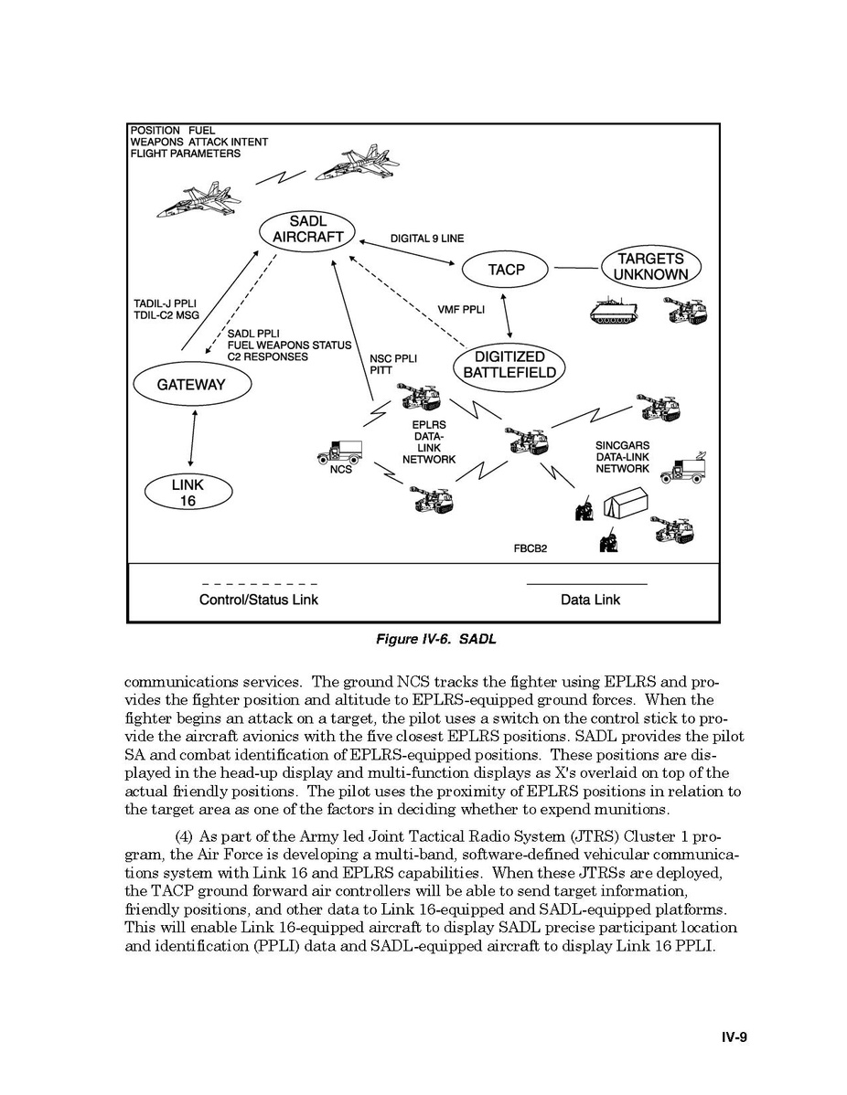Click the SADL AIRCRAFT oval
tap(307, 229)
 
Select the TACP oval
tap(506, 270)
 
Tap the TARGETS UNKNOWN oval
tap(650, 266)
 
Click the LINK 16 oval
tap(188, 493)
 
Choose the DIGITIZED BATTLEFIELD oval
tap(509, 365)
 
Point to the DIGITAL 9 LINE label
tap(426, 239)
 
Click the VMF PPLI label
tap(461, 310)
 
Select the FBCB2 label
tap(531, 550)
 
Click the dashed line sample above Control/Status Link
tap(259, 583)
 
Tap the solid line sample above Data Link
tap(586, 583)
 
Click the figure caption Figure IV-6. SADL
tap(436, 639)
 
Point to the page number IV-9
tap(734, 1037)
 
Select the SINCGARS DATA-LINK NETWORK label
tap(622, 457)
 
